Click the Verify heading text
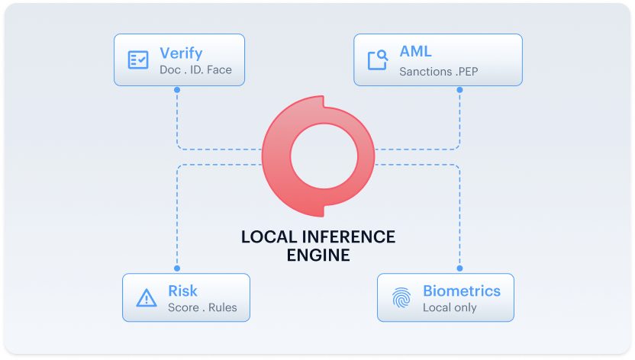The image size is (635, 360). (x=181, y=53)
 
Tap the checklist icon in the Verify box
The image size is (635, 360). (x=138, y=59)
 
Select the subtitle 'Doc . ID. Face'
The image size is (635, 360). (x=195, y=70)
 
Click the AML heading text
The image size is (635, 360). (x=415, y=52)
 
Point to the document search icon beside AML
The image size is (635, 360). (x=378, y=59)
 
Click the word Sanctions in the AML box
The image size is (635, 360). (x=426, y=72)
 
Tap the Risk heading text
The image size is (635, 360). (x=182, y=291)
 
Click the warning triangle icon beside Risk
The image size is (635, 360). (x=147, y=297)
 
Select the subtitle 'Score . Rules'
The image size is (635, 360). (x=202, y=307)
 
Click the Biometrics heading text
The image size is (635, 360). (x=462, y=291)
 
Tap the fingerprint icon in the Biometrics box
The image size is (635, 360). (x=401, y=297)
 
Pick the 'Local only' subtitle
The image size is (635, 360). (x=450, y=307)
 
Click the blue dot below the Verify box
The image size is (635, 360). (x=177, y=90)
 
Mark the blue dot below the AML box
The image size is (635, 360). (x=459, y=90)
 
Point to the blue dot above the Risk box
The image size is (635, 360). (x=177, y=268)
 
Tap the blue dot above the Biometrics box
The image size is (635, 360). (x=459, y=268)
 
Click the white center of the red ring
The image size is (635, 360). (x=324, y=156)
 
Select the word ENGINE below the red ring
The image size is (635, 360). (x=318, y=256)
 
